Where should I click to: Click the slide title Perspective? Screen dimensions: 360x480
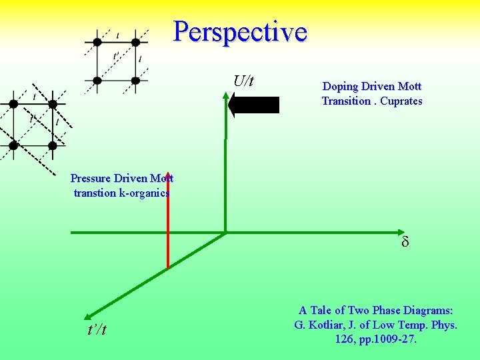(x=240, y=31)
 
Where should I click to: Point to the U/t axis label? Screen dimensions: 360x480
(x=243, y=81)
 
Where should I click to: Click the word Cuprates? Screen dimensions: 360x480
(x=401, y=101)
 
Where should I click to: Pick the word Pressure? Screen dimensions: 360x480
(x=91, y=179)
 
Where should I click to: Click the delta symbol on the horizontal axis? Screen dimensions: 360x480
(x=405, y=242)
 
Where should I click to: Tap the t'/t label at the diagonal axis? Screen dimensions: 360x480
(x=96, y=331)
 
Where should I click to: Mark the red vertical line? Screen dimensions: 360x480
(x=167, y=227)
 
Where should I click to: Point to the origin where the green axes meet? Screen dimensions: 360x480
(x=225, y=233)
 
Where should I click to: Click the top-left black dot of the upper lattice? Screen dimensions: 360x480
(x=97, y=41)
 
